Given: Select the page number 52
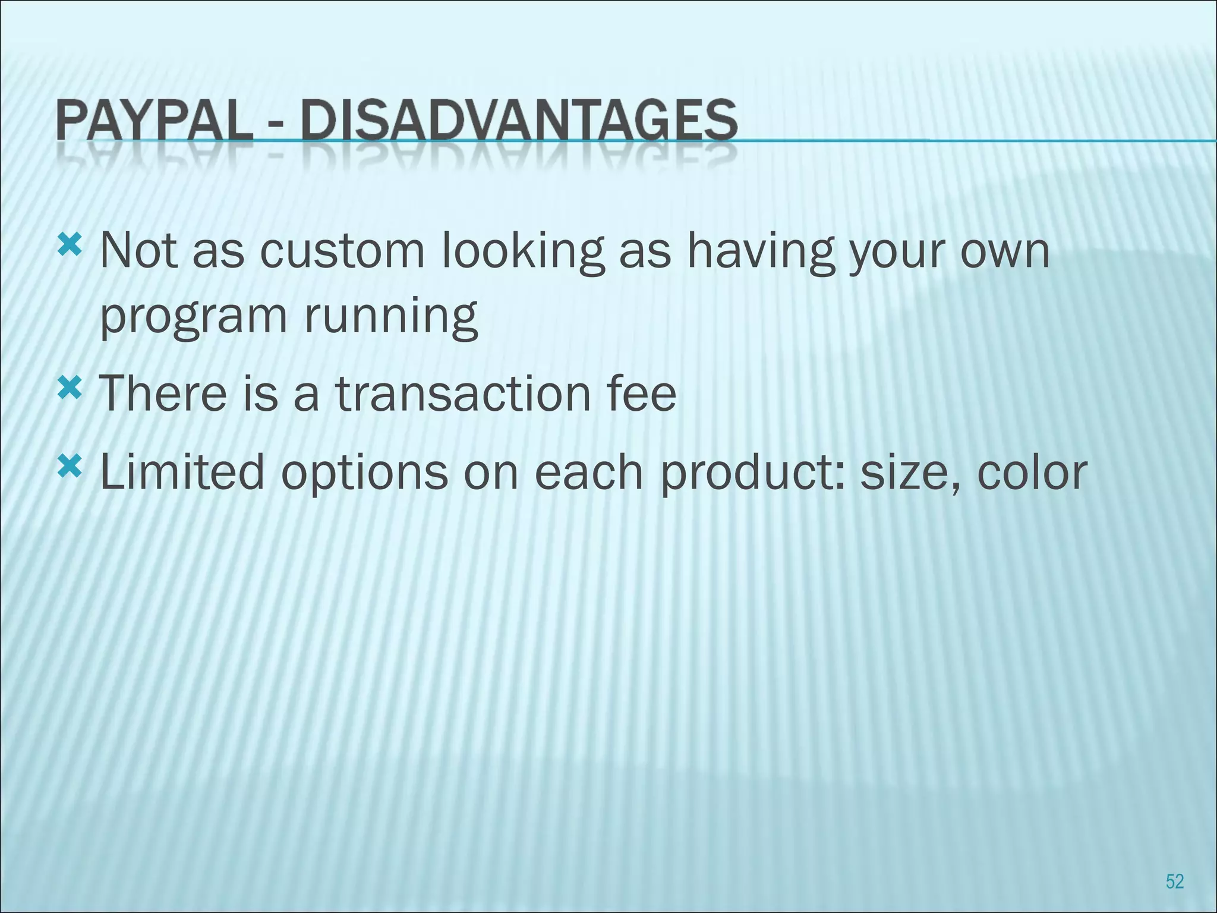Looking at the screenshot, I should pyautogui.click(x=1175, y=881).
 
